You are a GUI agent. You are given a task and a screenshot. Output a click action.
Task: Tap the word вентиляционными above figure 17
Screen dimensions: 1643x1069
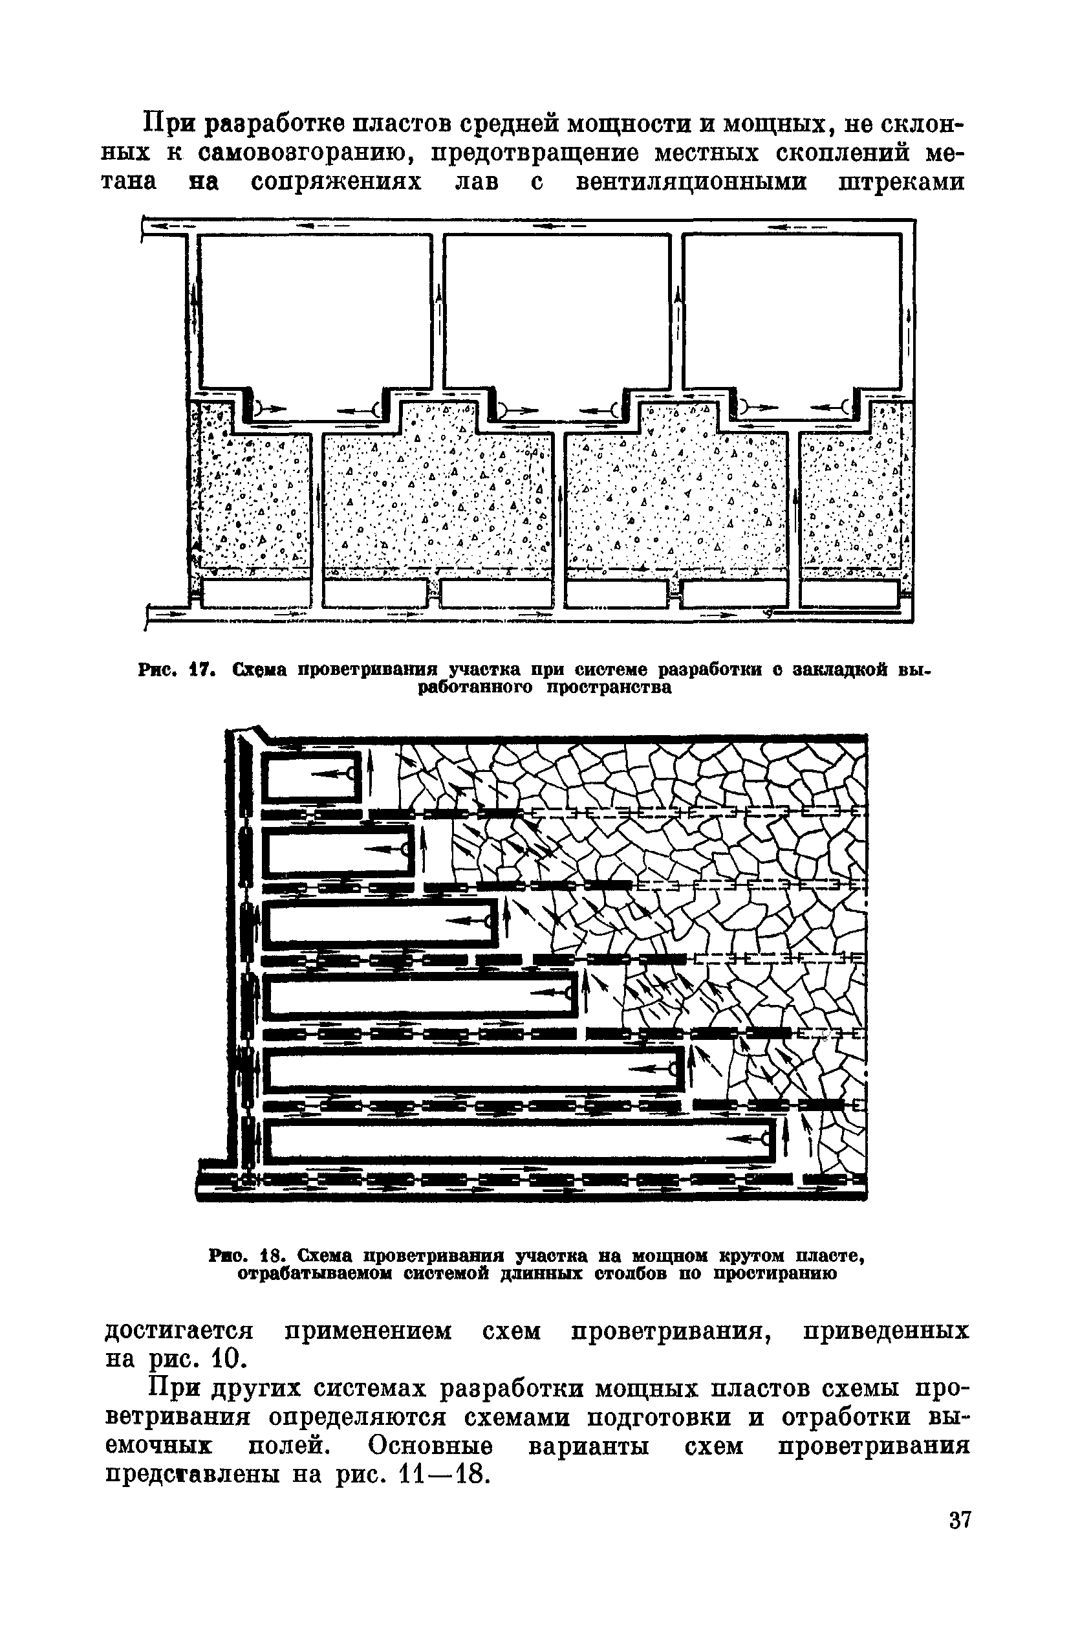691,183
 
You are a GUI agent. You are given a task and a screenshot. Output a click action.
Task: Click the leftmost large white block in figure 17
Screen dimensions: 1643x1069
314,311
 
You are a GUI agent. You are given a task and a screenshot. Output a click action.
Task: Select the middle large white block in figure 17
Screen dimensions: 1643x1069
556,311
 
